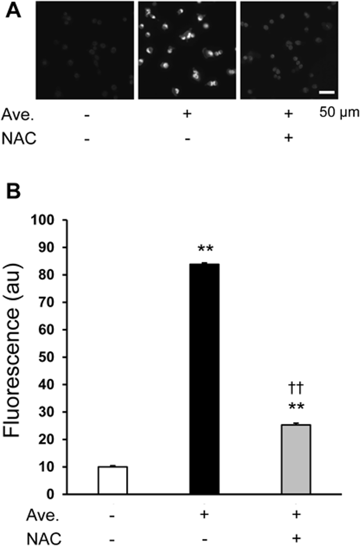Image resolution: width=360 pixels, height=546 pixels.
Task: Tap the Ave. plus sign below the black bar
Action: point(204,514)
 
